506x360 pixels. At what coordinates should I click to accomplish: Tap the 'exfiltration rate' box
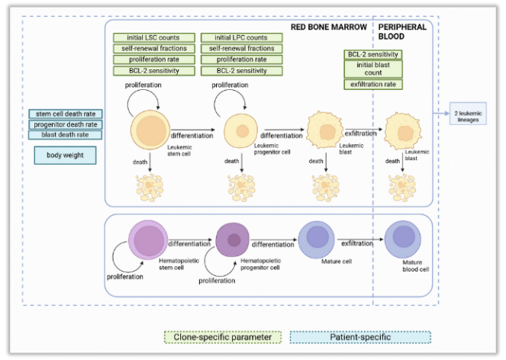point(374,84)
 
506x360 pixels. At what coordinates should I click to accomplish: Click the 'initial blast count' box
point(374,69)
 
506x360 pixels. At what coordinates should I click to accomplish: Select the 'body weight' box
point(65,155)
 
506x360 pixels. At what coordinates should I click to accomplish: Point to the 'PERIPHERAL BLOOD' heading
point(403,31)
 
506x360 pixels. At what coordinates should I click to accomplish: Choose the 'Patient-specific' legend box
point(359,337)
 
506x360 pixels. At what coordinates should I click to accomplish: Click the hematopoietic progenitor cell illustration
point(233,239)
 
